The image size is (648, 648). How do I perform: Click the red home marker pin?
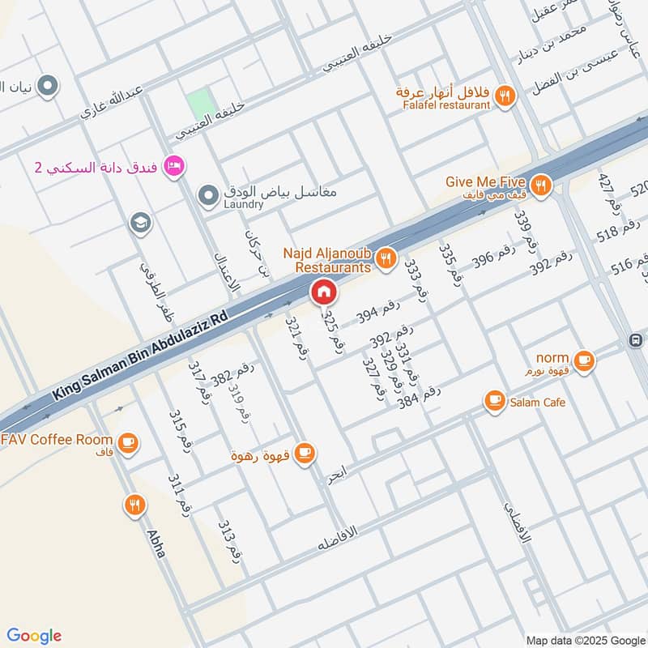pyautogui.click(x=323, y=292)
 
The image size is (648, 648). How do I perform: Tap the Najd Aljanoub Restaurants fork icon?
pyautogui.click(x=386, y=258)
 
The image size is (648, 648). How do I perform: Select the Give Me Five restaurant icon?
pyautogui.click(x=542, y=185)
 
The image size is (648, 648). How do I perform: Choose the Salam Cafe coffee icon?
pyautogui.click(x=494, y=399)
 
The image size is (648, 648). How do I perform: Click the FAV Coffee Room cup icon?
pyautogui.click(x=127, y=442)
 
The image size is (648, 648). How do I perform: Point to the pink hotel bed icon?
pyautogui.click(x=173, y=167)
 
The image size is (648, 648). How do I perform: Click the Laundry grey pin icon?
pyautogui.click(x=209, y=194)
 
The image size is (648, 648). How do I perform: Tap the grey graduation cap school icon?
pyautogui.click(x=141, y=223)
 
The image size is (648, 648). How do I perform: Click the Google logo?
pyautogui.click(x=33, y=636)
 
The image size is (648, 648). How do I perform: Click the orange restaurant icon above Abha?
pyautogui.click(x=134, y=506)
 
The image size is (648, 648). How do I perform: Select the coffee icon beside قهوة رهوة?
pyautogui.click(x=305, y=454)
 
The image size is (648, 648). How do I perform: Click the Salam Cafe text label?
pyautogui.click(x=537, y=402)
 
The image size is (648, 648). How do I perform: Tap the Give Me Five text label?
pyautogui.click(x=486, y=181)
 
